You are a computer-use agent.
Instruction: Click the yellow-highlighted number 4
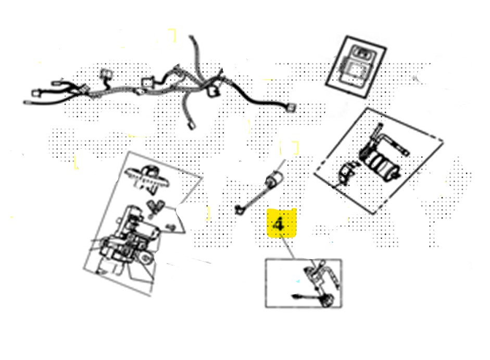[279, 224]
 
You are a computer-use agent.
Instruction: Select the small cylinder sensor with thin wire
[274, 179]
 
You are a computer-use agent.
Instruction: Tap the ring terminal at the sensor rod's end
[238, 210]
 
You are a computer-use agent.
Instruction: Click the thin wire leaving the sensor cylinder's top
[281, 165]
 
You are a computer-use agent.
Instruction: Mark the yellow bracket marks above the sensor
[290, 147]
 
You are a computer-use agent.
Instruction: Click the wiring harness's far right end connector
[291, 107]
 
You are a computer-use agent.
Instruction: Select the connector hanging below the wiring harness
[192, 125]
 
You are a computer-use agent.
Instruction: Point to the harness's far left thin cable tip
[25, 102]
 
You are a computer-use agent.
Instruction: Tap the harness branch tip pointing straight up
[191, 37]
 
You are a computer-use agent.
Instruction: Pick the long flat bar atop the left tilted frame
[146, 175]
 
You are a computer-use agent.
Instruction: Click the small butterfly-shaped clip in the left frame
[155, 206]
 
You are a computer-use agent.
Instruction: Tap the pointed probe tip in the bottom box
[294, 295]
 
